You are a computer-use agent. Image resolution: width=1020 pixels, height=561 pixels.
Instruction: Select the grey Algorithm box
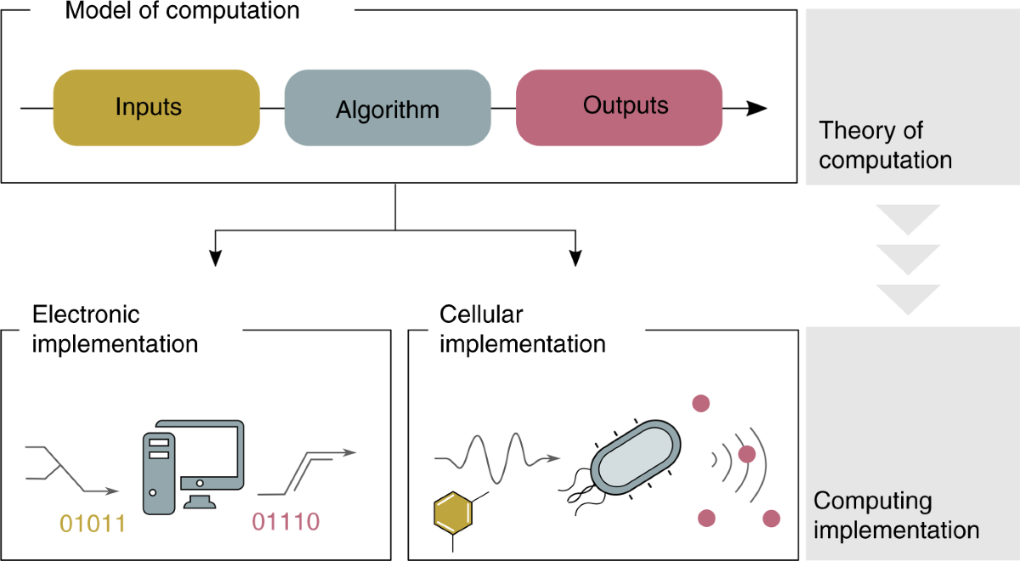pos(388,109)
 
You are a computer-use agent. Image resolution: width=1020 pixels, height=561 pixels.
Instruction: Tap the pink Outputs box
pos(619,107)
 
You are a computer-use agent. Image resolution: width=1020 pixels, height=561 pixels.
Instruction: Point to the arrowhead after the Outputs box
pos(756,108)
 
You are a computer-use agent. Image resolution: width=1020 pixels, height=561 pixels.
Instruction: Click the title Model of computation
pos(183,11)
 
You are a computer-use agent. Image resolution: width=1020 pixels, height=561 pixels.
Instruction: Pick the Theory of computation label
pos(885,145)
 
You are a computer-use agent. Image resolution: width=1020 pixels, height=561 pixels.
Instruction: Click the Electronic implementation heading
pos(115,329)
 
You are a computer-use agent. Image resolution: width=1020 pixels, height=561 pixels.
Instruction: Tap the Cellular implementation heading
pos(522,329)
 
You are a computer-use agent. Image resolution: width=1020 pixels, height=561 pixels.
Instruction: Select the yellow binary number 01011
pos(91,522)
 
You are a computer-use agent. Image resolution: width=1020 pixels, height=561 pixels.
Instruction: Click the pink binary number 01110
pos(286,520)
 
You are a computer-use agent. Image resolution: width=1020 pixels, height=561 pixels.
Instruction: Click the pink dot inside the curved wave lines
pos(746,455)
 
